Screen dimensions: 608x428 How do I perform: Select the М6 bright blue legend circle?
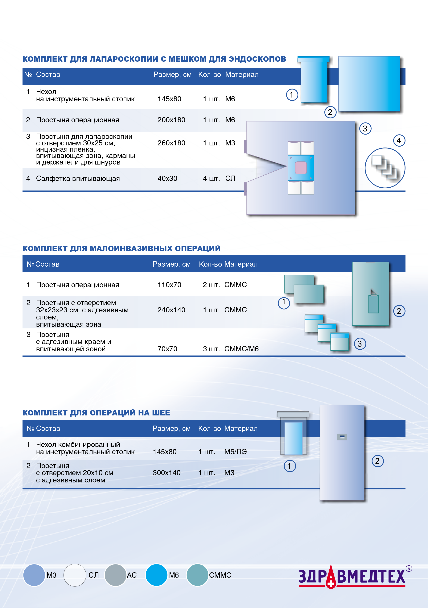156,575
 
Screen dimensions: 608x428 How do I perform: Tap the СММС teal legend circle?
197,575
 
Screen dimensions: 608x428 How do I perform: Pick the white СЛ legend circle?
75,575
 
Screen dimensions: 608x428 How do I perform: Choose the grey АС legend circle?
115,575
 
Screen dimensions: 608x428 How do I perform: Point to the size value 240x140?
171,310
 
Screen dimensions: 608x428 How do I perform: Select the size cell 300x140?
167,473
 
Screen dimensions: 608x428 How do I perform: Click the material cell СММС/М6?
241,349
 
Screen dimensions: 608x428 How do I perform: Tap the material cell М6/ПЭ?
235,452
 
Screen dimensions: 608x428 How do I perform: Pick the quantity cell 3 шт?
211,349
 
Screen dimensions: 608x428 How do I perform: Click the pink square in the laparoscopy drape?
301,168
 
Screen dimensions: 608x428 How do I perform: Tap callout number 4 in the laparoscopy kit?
399,141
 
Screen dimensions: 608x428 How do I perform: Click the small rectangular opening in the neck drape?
342,437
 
